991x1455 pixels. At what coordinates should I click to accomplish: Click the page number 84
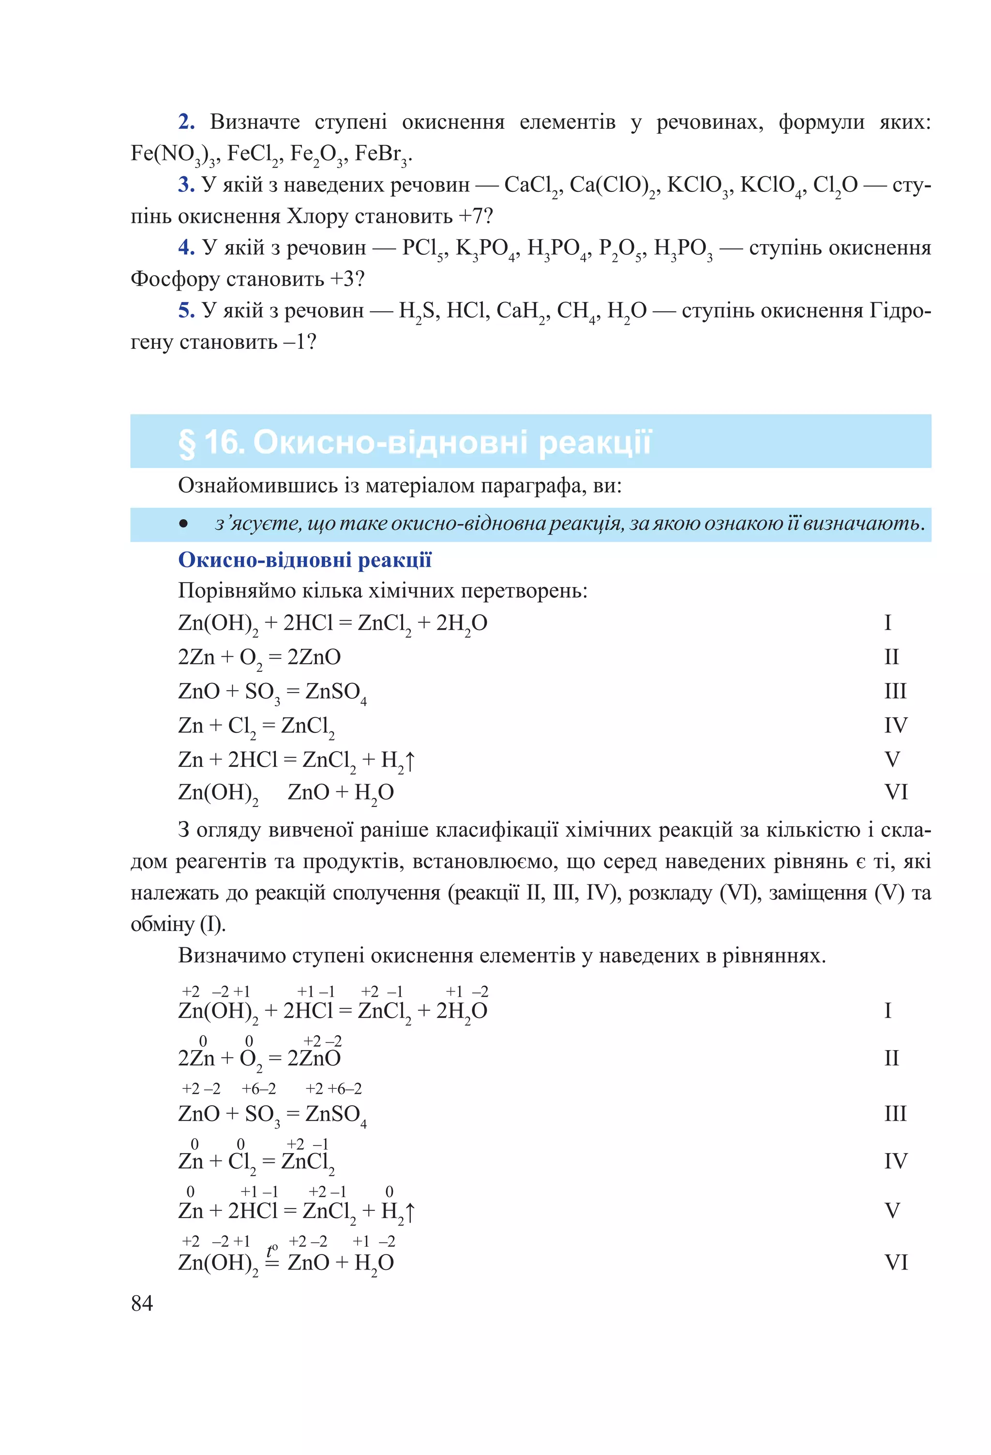pyautogui.click(x=142, y=1303)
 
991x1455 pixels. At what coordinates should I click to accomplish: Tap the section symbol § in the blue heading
pyautogui.click(x=186, y=443)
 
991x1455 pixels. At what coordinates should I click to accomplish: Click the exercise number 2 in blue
pyautogui.click(x=186, y=122)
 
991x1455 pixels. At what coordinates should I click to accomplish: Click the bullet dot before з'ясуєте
pyautogui.click(x=183, y=524)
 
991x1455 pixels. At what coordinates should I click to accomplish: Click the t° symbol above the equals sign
pyautogui.click(x=271, y=1250)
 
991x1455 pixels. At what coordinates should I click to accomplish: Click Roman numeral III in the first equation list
pyautogui.click(x=895, y=691)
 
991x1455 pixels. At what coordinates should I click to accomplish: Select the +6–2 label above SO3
pyautogui.click(x=258, y=1089)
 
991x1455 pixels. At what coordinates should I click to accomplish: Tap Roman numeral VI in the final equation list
pyautogui.click(x=895, y=1262)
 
